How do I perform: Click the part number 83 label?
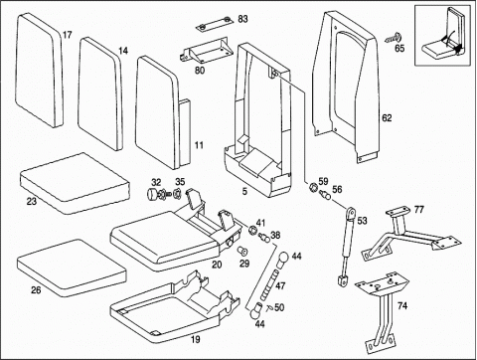coord(242,19)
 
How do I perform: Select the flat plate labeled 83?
coord(214,24)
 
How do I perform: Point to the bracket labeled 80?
coord(205,50)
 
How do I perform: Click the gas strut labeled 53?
coord(347,246)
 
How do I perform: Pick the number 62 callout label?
coord(387,118)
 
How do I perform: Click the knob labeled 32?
coord(153,193)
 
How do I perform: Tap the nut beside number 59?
coord(312,187)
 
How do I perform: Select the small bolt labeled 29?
coord(242,251)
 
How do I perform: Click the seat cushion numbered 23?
coord(75,183)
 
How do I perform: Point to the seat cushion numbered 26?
coord(72,268)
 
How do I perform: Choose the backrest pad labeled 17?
coord(40,70)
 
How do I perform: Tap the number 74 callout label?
coord(402,305)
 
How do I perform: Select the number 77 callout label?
coord(418,210)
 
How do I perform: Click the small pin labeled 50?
coord(269,308)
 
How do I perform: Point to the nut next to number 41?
coord(253,230)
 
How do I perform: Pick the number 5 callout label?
coord(244,192)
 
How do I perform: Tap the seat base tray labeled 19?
coord(175,306)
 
